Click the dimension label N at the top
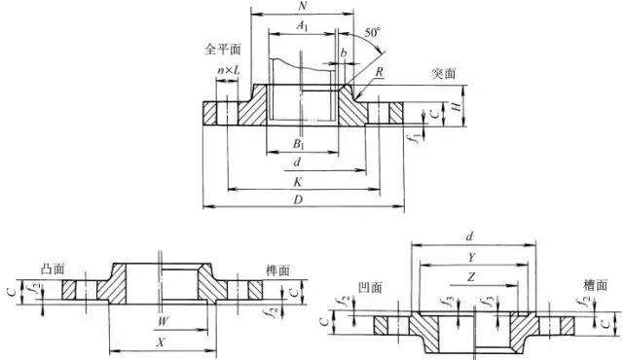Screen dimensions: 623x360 pyautogui.click(x=302, y=7)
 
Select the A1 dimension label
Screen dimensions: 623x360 pyautogui.click(x=302, y=29)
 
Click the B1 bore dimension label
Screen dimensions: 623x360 pyautogui.click(x=302, y=144)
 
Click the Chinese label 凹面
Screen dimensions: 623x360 pyautogui.click(x=370, y=288)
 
